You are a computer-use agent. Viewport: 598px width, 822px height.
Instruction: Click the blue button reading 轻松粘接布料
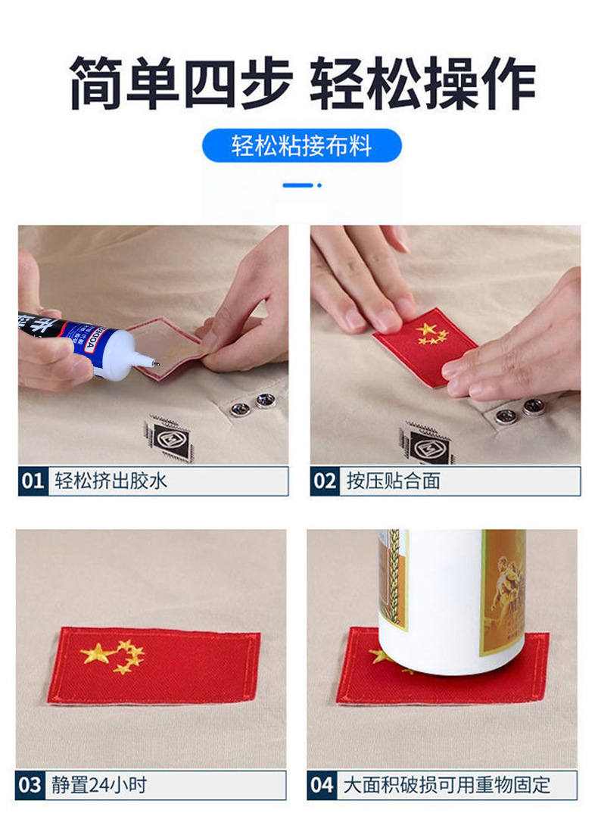point(302,145)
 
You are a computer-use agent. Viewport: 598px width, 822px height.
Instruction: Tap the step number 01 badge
point(33,481)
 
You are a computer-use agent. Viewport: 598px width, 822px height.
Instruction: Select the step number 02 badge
point(325,481)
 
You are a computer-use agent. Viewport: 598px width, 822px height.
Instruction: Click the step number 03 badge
point(30,785)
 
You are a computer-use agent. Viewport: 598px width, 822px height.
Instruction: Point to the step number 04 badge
point(322,785)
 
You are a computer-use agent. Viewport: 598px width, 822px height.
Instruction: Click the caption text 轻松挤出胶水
point(111,481)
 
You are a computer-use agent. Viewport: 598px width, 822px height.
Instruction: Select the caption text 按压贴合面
point(393,481)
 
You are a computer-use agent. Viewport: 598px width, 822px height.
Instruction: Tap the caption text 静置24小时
point(99,785)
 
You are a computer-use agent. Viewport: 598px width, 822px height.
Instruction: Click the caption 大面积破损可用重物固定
point(447,785)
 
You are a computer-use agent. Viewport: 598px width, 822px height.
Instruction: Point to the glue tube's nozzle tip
point(156,363)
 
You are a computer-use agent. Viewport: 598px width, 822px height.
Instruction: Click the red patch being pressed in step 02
point(425,347)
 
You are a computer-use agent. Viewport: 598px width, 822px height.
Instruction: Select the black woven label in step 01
point(169,438)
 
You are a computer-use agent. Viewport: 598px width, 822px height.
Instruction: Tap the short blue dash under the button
point(297,185)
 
